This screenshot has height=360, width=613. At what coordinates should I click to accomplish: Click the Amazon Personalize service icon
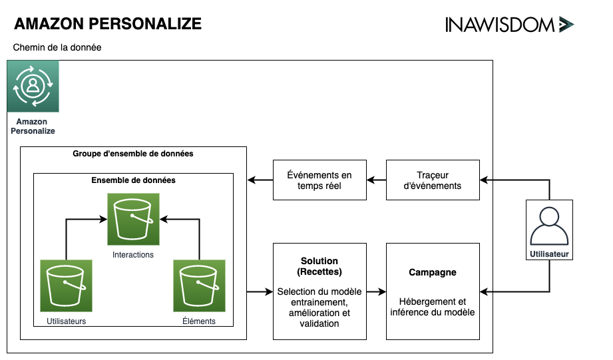coord(33,86)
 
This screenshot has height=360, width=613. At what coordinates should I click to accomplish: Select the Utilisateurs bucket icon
coord(66,285)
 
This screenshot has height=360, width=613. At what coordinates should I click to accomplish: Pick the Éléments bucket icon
coord(199,285)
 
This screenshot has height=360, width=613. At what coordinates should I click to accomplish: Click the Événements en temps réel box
coord(319,180)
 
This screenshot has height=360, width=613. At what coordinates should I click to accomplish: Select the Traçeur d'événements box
coord(433,180)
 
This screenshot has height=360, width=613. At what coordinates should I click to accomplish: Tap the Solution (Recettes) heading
coord(319,267)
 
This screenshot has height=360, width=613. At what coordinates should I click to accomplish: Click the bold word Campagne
coord(433,273)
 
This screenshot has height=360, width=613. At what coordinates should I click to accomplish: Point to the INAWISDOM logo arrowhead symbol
coord(566,25)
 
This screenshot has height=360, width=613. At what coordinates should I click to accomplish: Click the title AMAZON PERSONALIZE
coord(108,24)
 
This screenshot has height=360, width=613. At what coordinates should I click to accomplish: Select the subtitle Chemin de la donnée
coord(57,48)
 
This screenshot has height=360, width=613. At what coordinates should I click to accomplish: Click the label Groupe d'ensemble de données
coord(133,154)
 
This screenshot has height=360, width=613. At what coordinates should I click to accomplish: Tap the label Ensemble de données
coord(133,180)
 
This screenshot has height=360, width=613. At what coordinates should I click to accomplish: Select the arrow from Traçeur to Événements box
coord(377,180)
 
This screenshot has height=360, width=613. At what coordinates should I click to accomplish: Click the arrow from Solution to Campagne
coord(377,291)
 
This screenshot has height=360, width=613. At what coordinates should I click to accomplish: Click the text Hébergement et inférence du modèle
coord(433,307)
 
